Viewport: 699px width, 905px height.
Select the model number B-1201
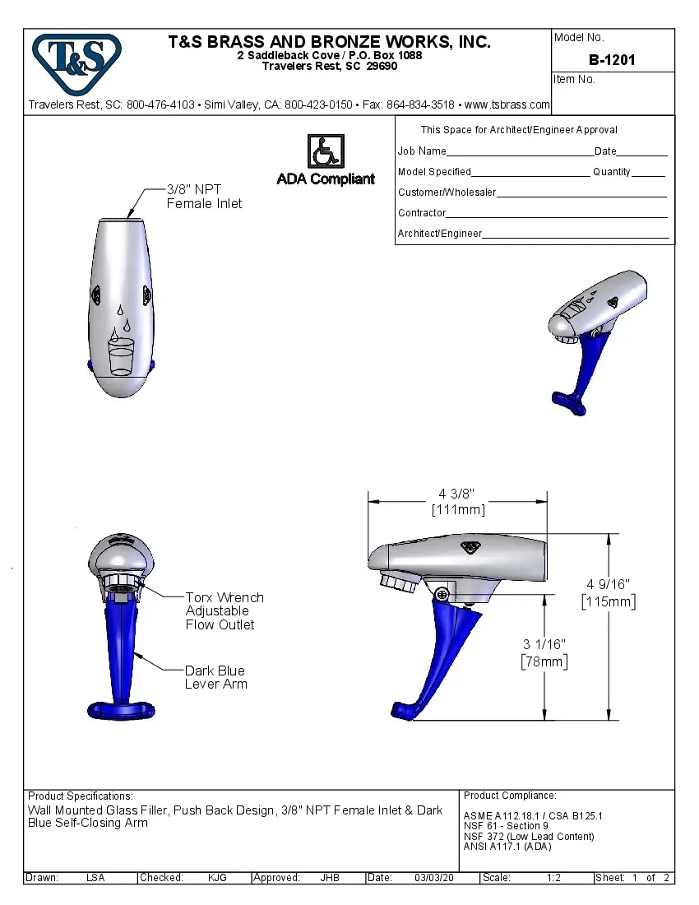(612, 60)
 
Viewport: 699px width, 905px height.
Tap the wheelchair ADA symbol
(326, 151)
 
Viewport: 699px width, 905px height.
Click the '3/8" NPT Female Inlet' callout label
(204, 197)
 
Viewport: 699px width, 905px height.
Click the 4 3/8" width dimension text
(457, 501)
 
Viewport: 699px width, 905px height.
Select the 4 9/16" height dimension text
(608, 592)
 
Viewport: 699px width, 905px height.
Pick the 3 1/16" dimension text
(544, 652)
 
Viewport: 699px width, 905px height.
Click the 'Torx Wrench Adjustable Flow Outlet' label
(224, 611)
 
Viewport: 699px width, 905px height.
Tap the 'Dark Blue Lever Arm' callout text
(215, 677)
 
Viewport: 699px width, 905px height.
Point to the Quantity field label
(611, 172)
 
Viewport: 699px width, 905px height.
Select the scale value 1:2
(553, 878)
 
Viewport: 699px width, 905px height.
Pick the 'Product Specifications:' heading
(81, 796)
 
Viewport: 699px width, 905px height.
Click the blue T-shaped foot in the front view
(121, 708)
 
